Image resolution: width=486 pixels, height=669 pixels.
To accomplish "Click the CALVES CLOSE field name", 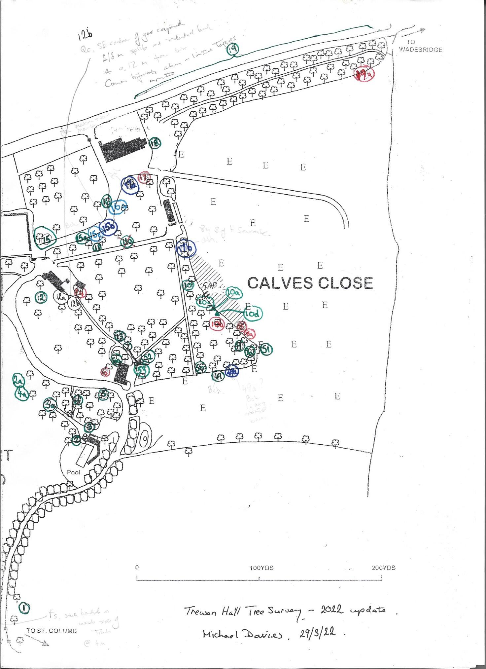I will pyautogui.click(x=310, y=283).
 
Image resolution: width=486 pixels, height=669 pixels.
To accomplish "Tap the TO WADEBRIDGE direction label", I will pyautogui.click(x=420, y=46).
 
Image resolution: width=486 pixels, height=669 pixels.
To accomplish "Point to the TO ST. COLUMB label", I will pyautogui.click(x=52, y=631).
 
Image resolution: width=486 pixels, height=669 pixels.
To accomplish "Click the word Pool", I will pyautogui.click(x=74, y=472).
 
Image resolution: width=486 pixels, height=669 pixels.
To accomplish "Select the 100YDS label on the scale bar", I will pyautogui.click(x=261, y=568).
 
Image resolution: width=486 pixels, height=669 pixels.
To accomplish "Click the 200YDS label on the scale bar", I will pyautogui.click(x=383, y=568).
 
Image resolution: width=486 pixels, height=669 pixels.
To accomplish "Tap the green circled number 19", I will pyautogui.click(x=232, y=50).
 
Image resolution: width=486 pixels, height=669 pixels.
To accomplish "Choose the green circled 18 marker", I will pyautogui.click(x=155, y=143).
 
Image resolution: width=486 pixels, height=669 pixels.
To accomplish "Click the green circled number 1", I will pyautogui.click(x=24, y=608).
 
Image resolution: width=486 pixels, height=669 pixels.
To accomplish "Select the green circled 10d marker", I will pyautogui.click(x=253, y=314).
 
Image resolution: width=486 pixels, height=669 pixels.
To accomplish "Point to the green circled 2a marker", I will pyautogui.click(x=18, y=381).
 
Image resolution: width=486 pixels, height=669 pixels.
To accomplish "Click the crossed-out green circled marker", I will pyautogui.click(x=127, y=243).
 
